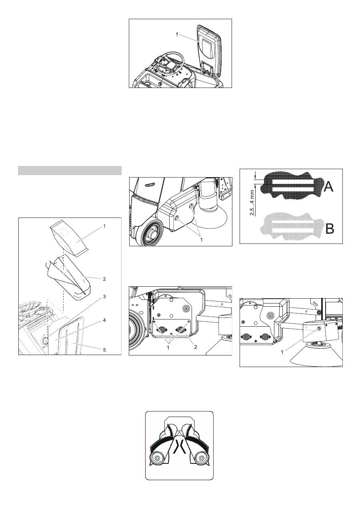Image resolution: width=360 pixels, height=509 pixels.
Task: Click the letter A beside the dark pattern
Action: [328, 187]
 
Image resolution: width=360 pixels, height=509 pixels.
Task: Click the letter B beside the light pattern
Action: [330, 229]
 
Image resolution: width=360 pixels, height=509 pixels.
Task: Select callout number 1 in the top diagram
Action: [177, 34]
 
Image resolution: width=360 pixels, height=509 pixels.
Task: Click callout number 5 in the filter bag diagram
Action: [104, 350]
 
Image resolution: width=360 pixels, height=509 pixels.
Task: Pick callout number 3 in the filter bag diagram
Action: [104, 297]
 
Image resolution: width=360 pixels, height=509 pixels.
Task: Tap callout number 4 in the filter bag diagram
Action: [104, 320]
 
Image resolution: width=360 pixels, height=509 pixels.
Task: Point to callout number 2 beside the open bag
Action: [104, 279]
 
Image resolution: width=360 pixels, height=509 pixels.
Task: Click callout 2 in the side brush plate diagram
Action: [196, 347]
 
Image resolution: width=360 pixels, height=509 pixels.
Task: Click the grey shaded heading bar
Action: [70, 170]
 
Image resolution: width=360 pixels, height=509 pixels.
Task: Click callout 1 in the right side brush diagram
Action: [282, 352]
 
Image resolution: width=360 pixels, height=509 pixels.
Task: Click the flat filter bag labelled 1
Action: [69, 238]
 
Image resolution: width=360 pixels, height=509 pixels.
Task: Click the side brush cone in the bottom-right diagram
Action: [316, 359]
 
